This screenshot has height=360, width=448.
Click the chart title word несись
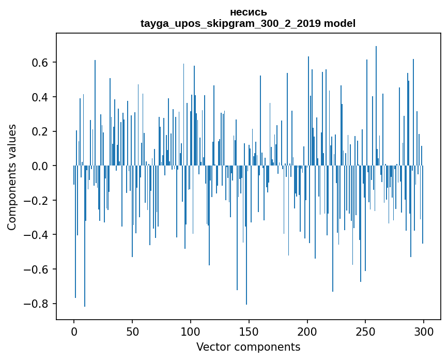248,12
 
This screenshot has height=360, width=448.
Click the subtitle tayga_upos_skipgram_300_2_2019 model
248,23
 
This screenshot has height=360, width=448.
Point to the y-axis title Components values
12,177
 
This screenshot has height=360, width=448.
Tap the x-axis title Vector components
248,347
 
